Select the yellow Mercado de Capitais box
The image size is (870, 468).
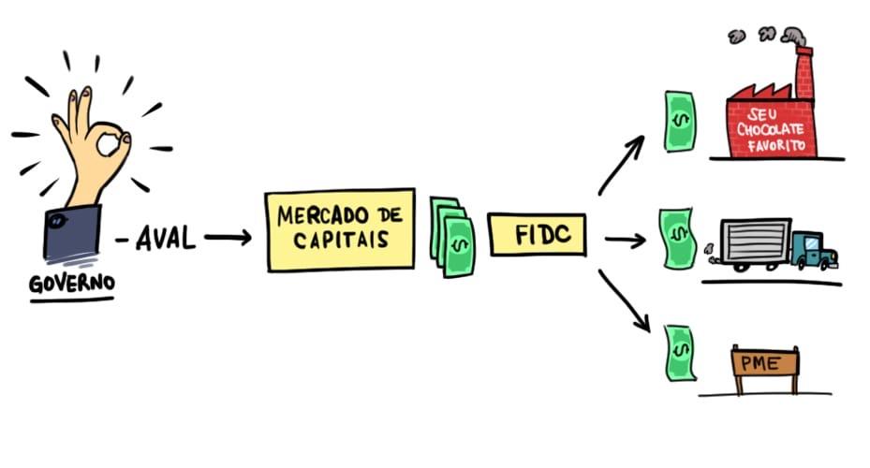point(340,230)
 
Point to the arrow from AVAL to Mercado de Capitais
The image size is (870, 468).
point(228,238)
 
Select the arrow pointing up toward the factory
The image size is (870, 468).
point(622,164)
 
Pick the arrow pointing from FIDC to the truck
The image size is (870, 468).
point(625,241)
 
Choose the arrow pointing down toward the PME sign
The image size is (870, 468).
point(625,300)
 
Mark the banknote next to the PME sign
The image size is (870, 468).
point(678,353)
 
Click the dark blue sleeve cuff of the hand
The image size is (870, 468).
point(71,234)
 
